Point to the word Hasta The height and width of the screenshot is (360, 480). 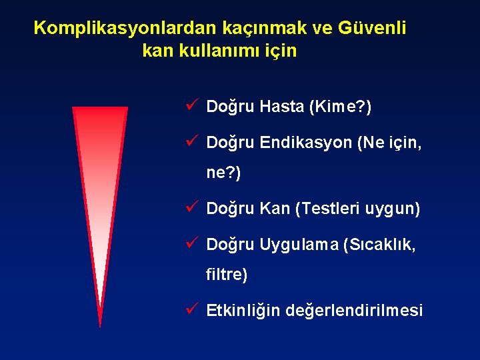[x=282, y=107]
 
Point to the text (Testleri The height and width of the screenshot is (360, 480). [x=328, y=209]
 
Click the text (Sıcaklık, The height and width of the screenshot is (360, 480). [x=379, y=245]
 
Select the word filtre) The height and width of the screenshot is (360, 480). [x=227, y=275]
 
